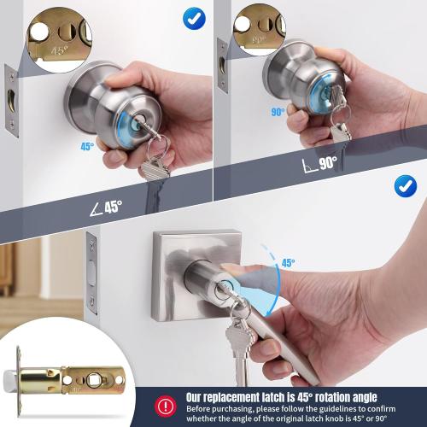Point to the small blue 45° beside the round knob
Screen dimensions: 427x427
click(87, 146)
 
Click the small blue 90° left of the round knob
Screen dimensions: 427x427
click(277, 112)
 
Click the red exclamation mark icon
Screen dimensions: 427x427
click(164, 405)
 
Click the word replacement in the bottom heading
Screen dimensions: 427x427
click(241, 397)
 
